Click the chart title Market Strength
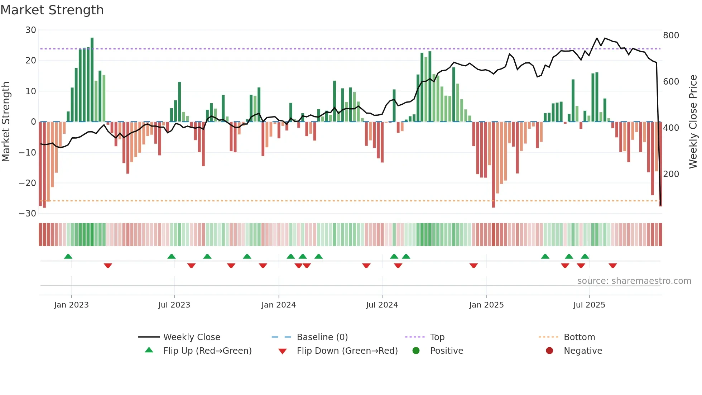click(52, 10)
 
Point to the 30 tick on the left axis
click(31, 30)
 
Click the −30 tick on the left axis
click(28, 214)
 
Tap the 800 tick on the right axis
click(671, 35)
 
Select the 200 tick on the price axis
click(671, 174)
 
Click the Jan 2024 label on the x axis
click(278, 305)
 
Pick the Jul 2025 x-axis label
click(589, 305)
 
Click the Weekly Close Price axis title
click(693, 122)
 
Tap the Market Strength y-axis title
click(6, 122)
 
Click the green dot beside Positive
click(416, 351)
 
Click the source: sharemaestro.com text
click(634, 281)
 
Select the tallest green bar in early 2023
click(92, 79)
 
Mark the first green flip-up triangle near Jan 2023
click(68, 256)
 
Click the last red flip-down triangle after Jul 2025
click(612, 266)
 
